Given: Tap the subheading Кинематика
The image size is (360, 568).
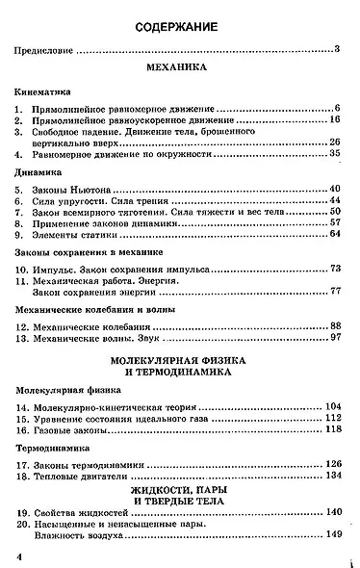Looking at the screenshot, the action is pos(46,91).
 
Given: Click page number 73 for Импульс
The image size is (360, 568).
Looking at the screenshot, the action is pos(336,267).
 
